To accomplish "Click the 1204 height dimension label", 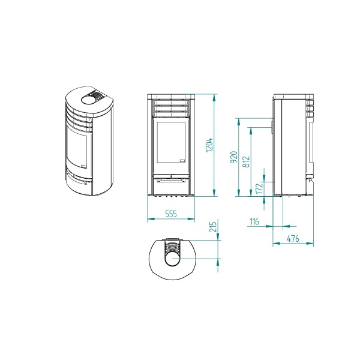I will click(209, 145).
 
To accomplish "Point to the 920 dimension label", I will click(233, 158).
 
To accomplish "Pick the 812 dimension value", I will click(245, 162).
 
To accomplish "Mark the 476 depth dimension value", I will click(293, 238).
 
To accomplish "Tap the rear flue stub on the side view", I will click(272, 128).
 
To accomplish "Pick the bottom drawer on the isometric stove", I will click(78, 179).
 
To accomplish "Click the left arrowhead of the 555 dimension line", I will click(148, 219).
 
